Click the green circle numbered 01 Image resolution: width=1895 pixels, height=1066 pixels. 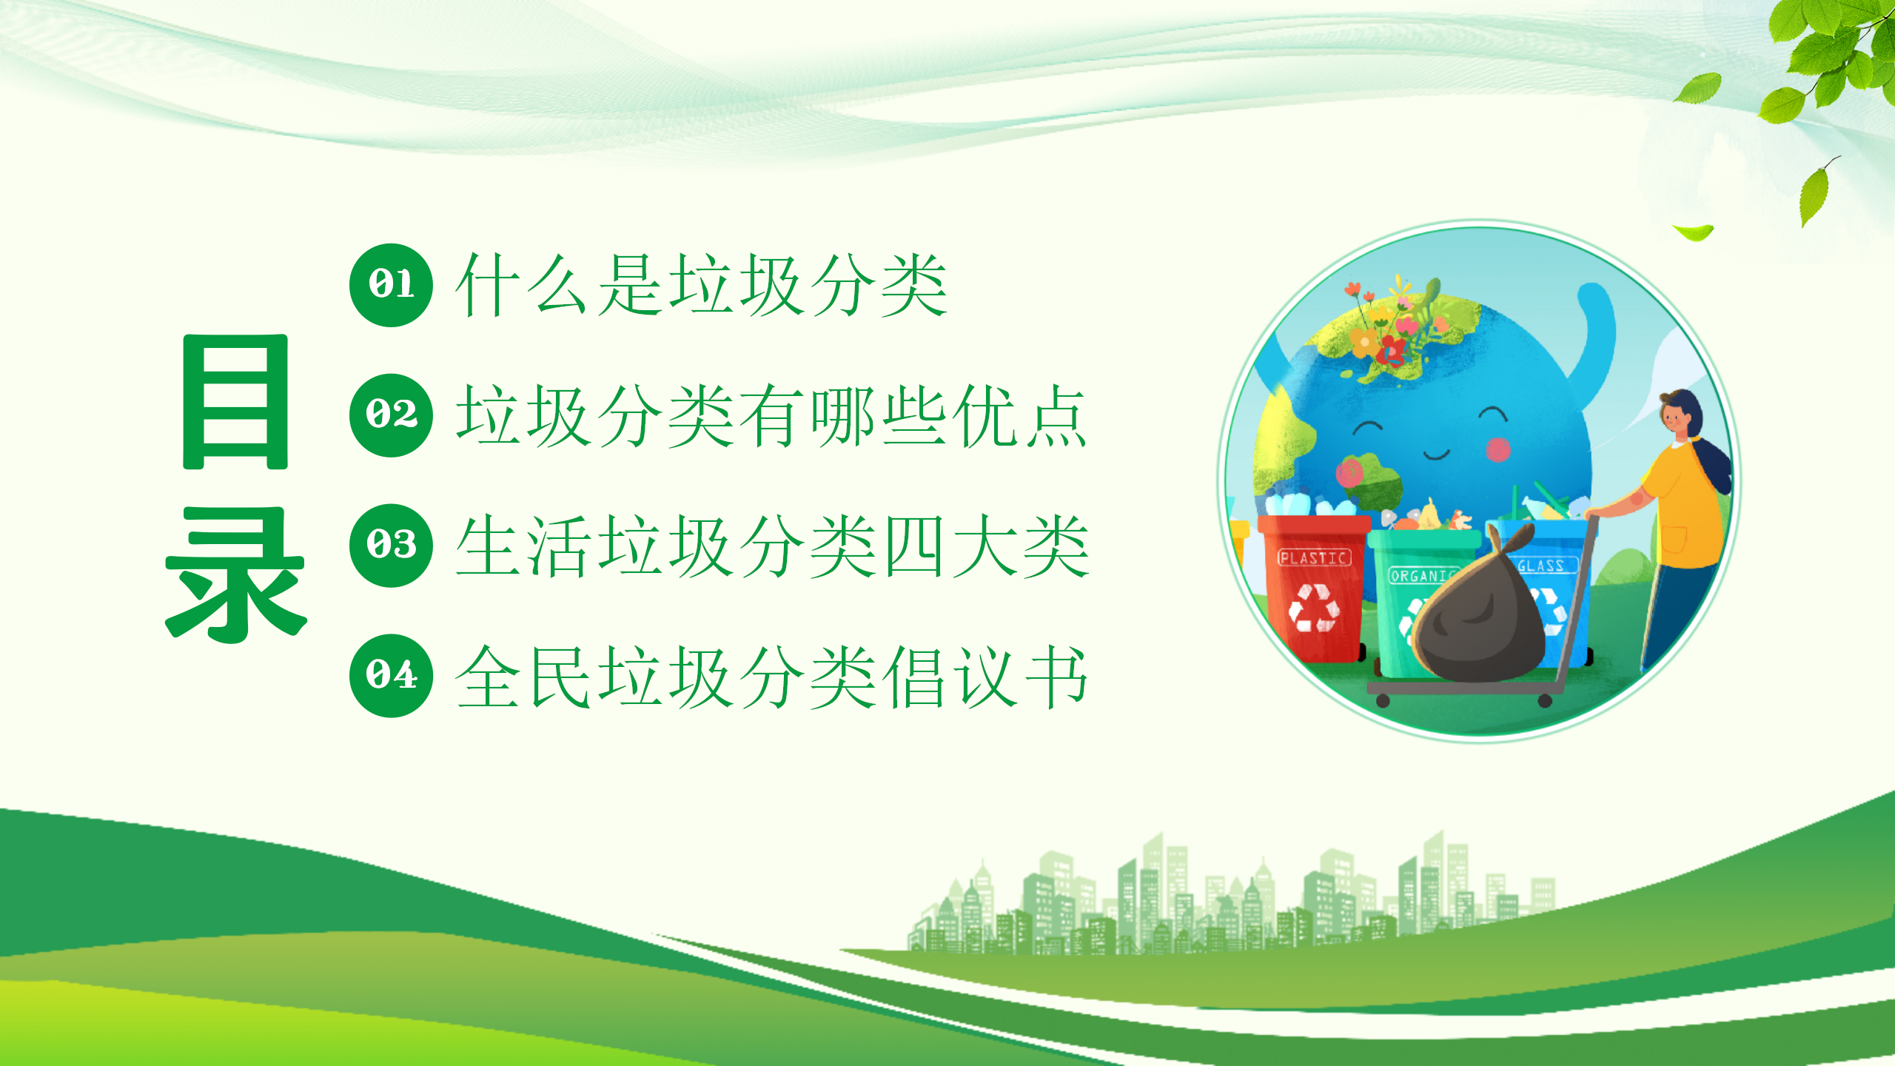tap(391, 285)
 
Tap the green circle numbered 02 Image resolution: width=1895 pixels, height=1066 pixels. tap(391, 415)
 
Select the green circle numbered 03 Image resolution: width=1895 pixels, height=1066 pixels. tap(391, 546)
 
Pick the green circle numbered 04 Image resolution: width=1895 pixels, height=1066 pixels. tap(391, 676)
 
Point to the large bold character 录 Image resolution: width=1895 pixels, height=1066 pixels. tap(235, 574)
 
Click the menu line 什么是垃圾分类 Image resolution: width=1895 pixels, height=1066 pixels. tap(701, 285)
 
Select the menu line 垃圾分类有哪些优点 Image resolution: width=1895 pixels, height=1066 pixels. tap(771, 415)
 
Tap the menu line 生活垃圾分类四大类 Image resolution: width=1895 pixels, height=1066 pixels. tap(771, 546)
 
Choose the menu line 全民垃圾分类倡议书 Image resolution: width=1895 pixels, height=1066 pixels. tap(771, 676)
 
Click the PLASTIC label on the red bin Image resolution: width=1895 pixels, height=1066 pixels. tap(1314, 557)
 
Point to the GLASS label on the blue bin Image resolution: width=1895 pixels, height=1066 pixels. tap(1542, 566)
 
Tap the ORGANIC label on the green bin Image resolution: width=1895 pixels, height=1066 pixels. tap(1421, 575)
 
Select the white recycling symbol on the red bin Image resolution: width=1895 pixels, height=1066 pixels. tap(1314, 608)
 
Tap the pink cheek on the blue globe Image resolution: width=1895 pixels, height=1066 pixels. tap(1498, 449)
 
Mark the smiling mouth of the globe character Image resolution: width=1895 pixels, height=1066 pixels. tap(1437, 454)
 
